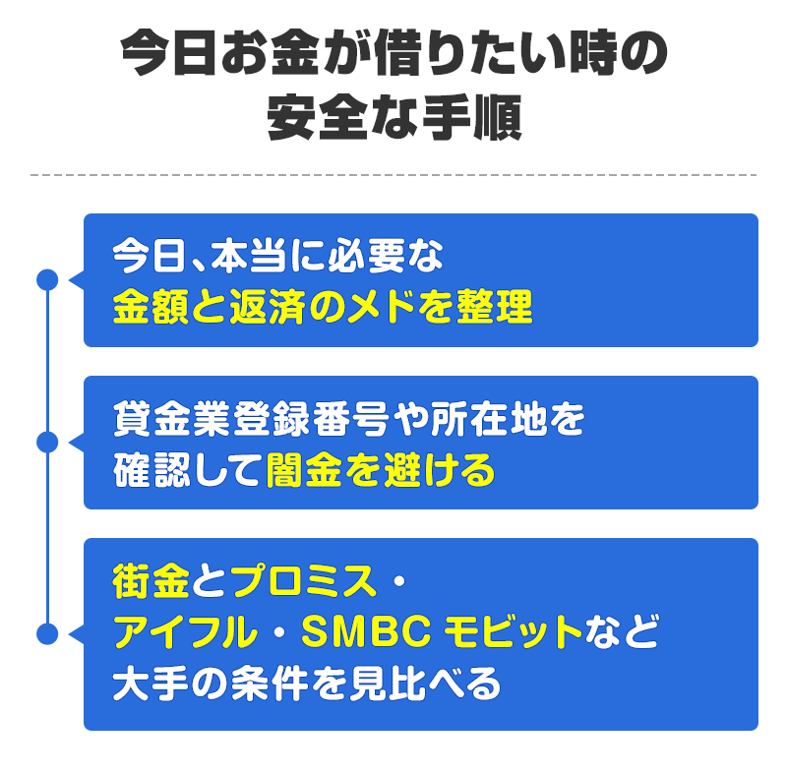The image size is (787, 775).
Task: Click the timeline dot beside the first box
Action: pyautogui.click(x=45, y=280)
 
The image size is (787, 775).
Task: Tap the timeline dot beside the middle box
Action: pyautogui.click(x=45, y=442)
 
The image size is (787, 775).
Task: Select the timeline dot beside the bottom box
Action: pyautogui.click(x=45, y=634)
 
